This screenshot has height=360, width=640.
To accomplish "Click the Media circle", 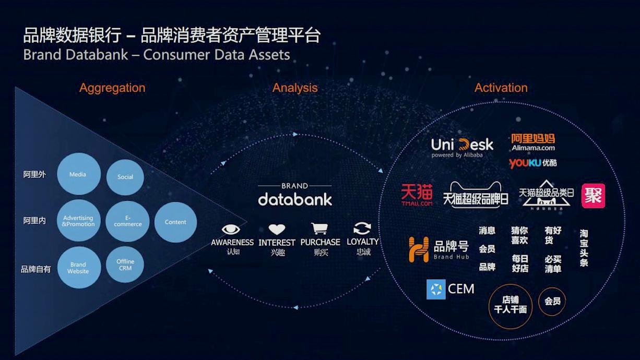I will [x=78, y=174].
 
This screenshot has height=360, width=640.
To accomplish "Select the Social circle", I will [x=125, y=177].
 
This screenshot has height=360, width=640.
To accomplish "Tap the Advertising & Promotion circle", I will [x=78, y=221].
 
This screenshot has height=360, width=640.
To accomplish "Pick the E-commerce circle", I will [x=127, y=221].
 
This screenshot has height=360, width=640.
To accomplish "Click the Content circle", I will [x=175, y=222].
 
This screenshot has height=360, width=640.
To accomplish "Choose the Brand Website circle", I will [x=78, y=268].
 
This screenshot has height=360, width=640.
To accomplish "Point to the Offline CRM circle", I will [x=125, y=265].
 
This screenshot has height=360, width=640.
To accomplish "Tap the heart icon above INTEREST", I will [x=277, y=230].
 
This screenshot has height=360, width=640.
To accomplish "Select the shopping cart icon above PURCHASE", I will [x=319, y=229].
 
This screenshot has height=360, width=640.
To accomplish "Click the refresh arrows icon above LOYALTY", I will [x=362, y=229].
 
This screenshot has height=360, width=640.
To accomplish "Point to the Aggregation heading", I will [x=112, y=88].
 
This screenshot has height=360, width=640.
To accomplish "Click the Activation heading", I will [x=501, y=88].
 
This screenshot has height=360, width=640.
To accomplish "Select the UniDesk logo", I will [x=462, y=147].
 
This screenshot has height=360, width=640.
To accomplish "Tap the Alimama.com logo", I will [x=532, y=141].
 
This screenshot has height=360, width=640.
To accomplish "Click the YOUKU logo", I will [x=532, y=163].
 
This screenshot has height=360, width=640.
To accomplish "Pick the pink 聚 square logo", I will [x=593, y=196].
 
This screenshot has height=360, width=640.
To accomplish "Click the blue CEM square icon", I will [x=436, y=289].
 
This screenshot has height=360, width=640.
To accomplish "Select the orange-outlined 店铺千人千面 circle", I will [x=511, y=306].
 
